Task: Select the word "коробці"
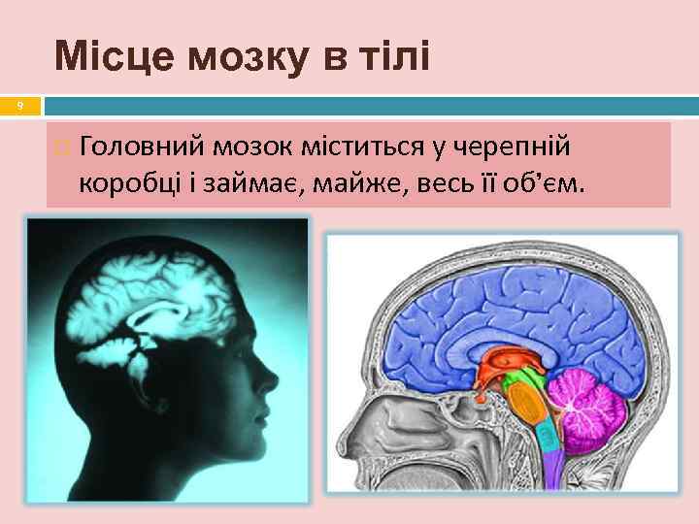point(126,182)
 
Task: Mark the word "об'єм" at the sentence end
point(549,182)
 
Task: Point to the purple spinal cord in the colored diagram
point(550,475)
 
